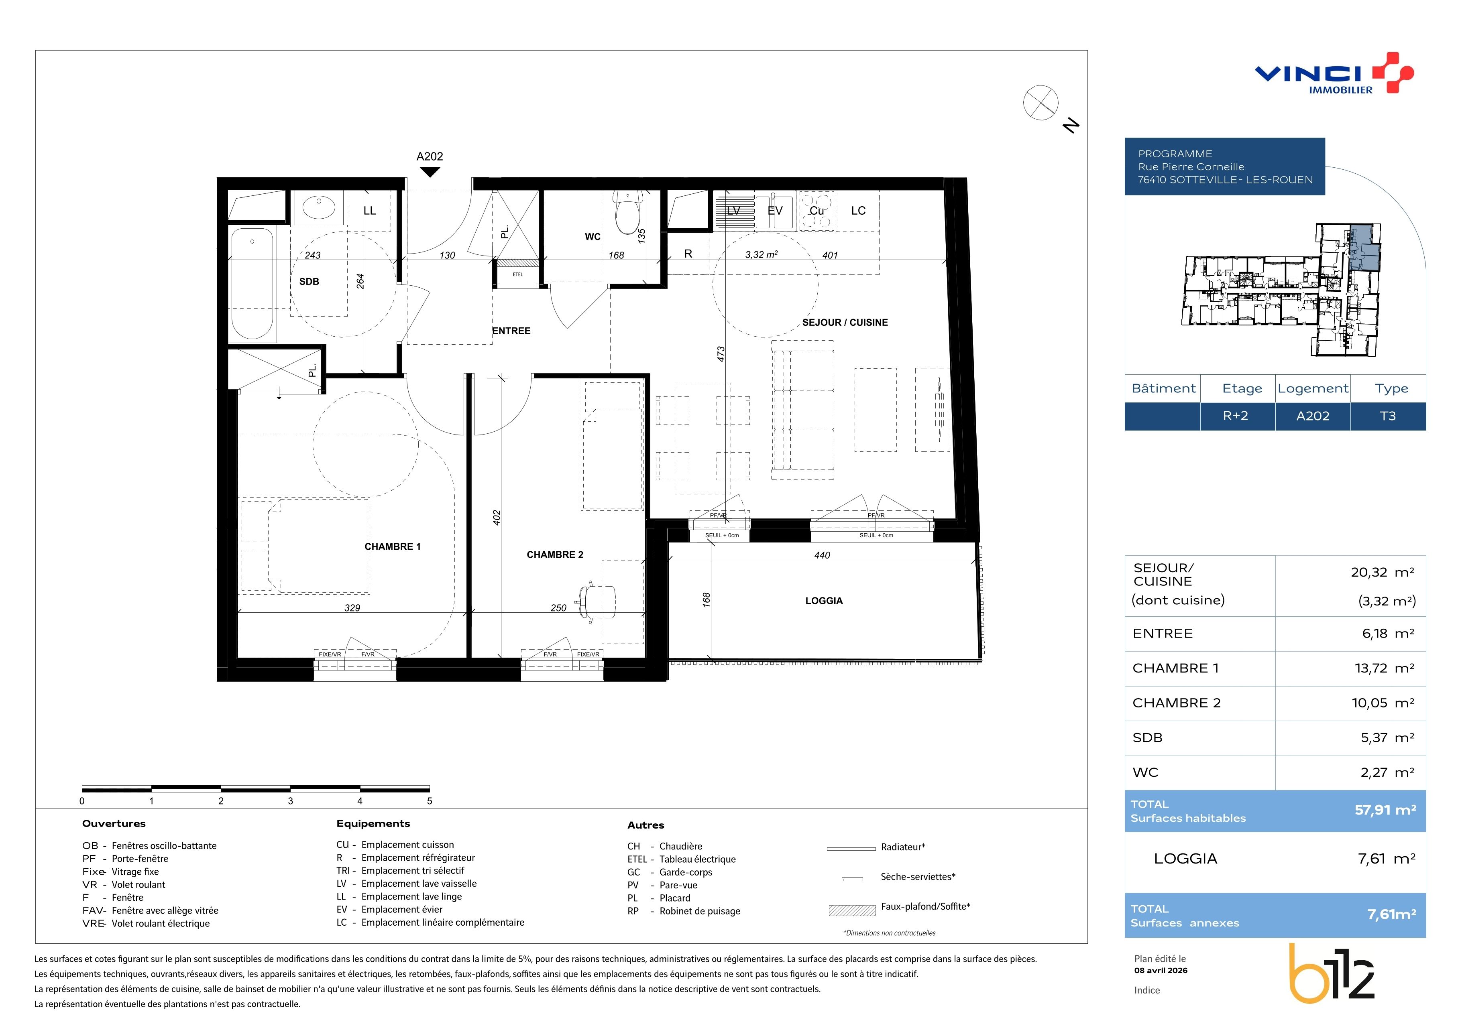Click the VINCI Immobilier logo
click(1334, 73)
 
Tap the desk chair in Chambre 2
click(597, 599)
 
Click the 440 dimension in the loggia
click(822, 555)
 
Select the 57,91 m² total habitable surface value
click(1385, 810)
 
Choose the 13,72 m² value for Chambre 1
click(1383, 668)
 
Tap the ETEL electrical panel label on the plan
click(517, 274)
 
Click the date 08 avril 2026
click(1161, 970)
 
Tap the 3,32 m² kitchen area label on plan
click(761, 254)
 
